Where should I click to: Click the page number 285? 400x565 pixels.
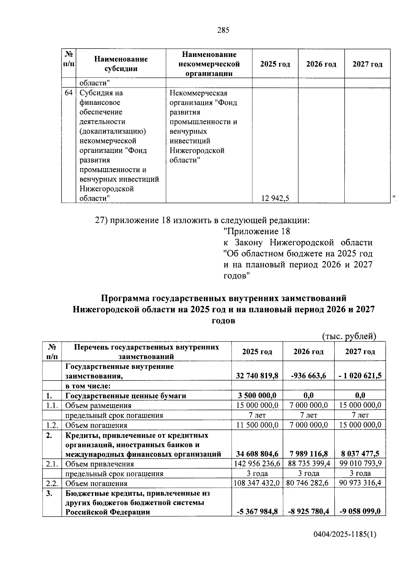click(223, 30)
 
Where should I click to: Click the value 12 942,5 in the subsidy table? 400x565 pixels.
click(275, 199)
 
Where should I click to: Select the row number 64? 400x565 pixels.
click(69, 93)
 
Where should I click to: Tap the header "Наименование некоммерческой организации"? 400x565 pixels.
click(209, 64)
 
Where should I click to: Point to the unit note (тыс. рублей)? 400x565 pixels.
click(349, 337)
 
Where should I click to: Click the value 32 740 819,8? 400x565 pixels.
click(257, 376)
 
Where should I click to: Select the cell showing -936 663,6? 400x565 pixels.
click(308, 376)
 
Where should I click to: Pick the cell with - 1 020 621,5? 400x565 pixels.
click(360, 376)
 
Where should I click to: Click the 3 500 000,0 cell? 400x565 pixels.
click(257, 396)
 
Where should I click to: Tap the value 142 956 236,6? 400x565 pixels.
click(257, 463)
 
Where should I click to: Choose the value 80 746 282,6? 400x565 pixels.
click(308, 483)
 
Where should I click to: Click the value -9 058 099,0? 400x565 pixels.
click(360, 511)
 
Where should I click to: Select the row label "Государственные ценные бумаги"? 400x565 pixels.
click(126, 396)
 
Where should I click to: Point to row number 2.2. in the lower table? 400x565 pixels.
click(52, 483)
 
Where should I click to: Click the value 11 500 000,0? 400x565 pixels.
click(257, 425)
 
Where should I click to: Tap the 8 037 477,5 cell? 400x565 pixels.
click(360, 454)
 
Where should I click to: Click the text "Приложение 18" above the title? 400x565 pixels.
click(257, 231)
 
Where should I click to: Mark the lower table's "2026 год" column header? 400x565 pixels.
click(308, 352)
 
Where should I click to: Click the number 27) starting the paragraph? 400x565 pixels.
click(101, 220)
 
